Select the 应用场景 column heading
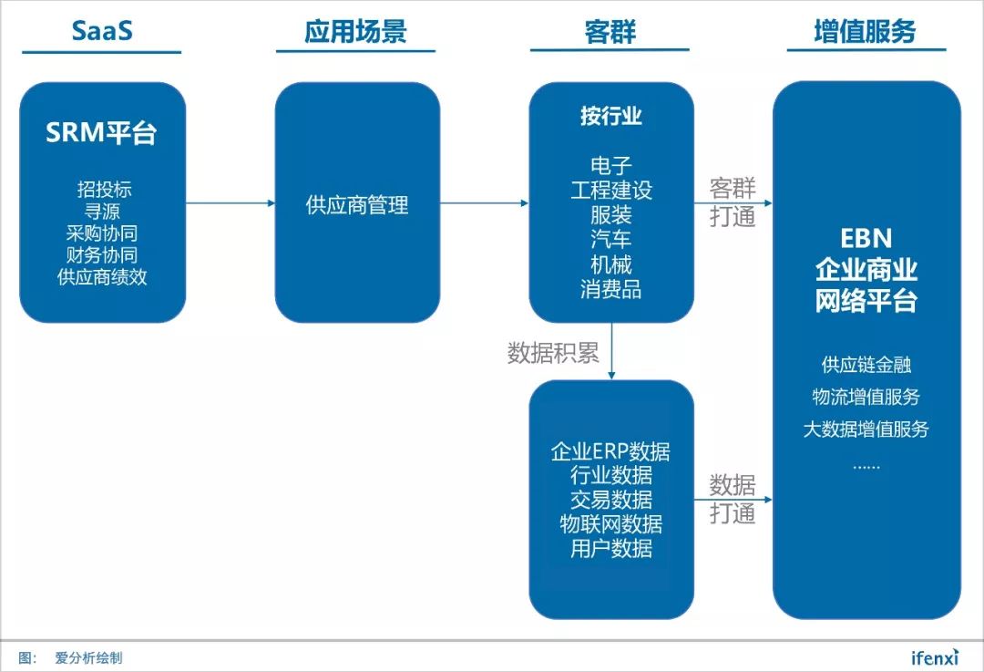coord(355,31)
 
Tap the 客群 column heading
coord(610,31)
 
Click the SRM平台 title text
coord(101,133)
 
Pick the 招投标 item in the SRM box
coord(104,190)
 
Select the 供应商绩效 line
coord(102,277)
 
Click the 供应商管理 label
coord(357,205)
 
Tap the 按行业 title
coord(610,117)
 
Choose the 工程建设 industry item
coord(611,191)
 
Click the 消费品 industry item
coord(610,290)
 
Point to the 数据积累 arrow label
coord(553,353)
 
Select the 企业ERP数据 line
coord(610,450)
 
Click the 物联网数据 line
coord(610,524)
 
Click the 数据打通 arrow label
coord(733,498)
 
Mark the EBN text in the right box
coord(866,238)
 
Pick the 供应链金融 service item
coord(866,365)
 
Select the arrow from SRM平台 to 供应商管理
coord(230,202)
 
